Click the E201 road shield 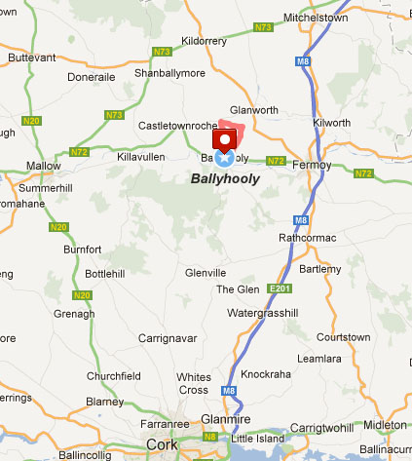(x=281, y=288)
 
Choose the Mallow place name (x=44, y=166)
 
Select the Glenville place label (x=206, y=272)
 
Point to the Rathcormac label (x=306, y=237)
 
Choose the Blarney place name (x=105, y=401)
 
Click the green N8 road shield (x=210, y=437)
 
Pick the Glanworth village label (x=256, y=110)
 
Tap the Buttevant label (x=32, y=58)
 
